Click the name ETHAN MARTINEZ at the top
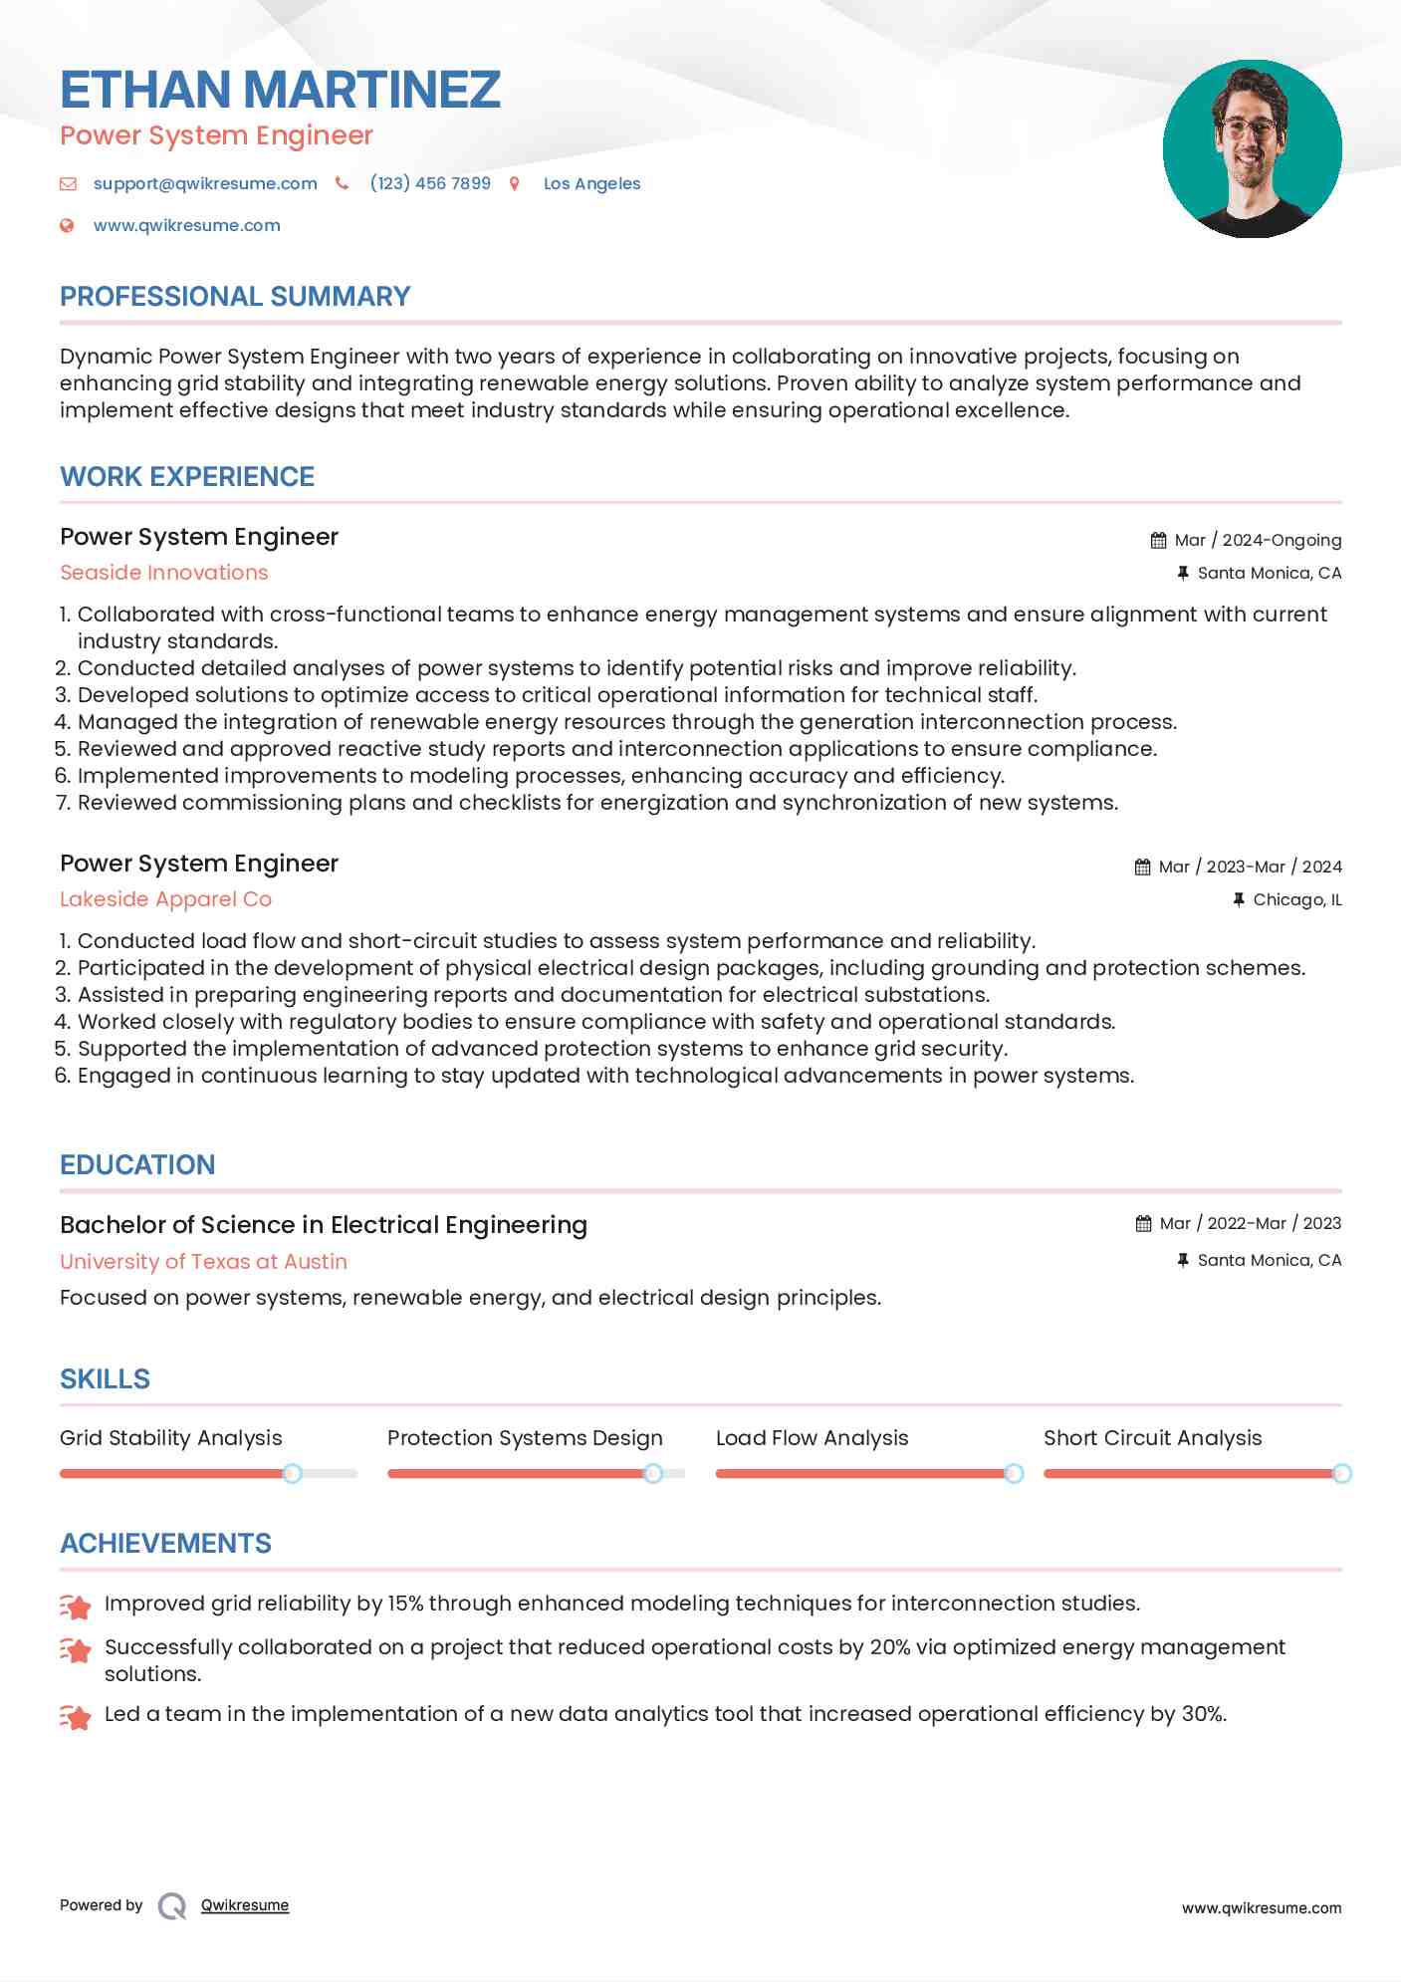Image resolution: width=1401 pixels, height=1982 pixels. point(280,90)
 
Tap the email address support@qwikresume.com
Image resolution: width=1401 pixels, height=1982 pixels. point(205,183)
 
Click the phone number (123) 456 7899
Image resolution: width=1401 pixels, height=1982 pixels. point(430,183)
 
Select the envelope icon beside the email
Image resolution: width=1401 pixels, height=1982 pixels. point(68,183)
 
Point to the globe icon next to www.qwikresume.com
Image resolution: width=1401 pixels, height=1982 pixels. point(67,225)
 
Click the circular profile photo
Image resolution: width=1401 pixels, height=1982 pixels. point(1252,148)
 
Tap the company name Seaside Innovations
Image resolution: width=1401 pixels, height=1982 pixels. point(164,573)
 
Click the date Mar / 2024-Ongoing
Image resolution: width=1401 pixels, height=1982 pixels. point(1258,540)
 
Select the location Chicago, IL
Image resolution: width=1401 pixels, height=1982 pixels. point(1296,899)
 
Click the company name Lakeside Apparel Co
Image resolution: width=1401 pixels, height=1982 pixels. point(165,899)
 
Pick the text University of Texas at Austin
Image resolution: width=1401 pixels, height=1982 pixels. point(203,1261)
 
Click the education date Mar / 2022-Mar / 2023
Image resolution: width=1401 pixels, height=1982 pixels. point(1250,1223)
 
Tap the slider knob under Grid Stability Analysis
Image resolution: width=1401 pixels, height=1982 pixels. point(292,1473)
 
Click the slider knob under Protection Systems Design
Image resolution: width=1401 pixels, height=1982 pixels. point(653,1473)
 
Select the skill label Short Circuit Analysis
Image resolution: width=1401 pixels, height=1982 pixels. point(1152,1437)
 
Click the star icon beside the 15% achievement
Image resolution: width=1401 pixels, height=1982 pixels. point(76,1606)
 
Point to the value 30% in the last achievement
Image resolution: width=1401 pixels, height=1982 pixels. point(1203,1714)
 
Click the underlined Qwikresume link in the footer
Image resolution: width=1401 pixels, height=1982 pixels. point(245,1905)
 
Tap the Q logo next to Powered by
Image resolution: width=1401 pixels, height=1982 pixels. point(172,1906)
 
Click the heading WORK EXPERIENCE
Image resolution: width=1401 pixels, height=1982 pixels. point(187,476)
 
